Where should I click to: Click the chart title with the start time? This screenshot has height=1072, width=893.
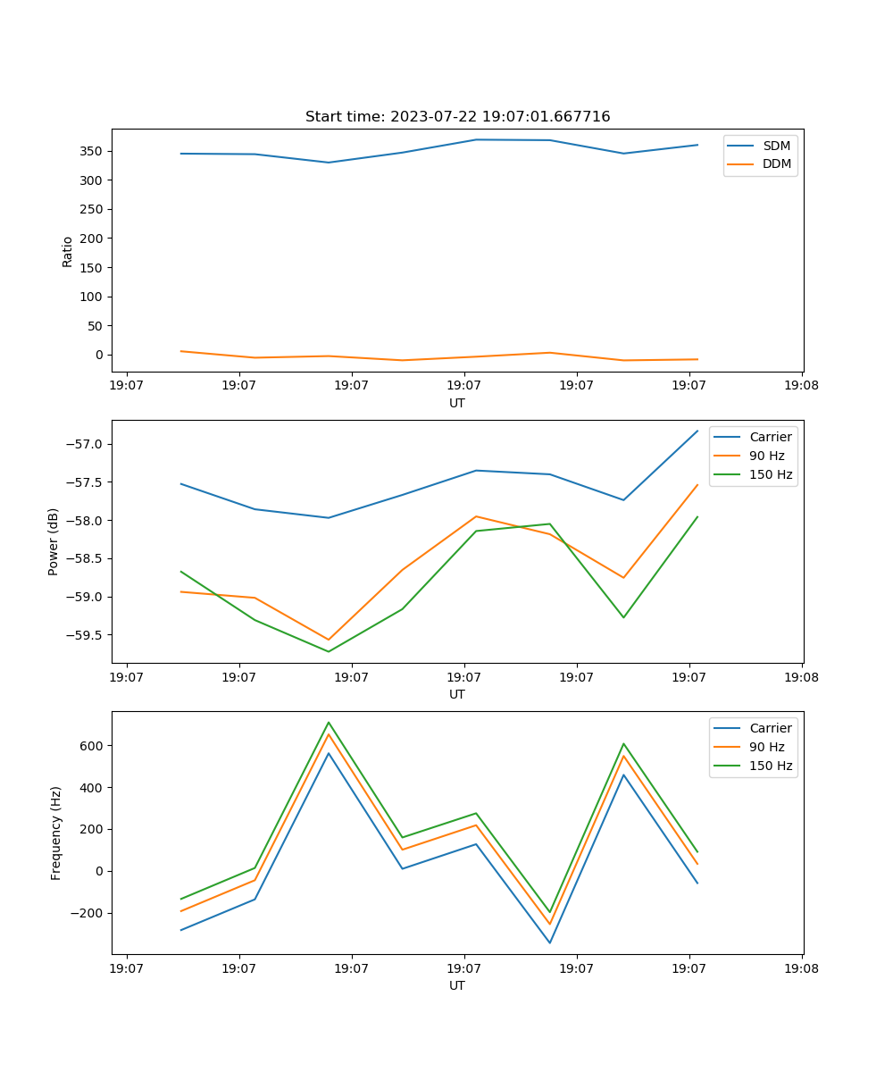click(x=457, y=117)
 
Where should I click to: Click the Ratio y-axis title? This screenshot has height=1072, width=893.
click(x=68, y=251)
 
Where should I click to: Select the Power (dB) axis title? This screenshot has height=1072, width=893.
click(x=54, y=541)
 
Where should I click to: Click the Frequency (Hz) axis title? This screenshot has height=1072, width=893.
click(x=56, y=833)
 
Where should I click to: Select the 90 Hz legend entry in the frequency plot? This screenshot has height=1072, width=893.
click(x=766, y=747)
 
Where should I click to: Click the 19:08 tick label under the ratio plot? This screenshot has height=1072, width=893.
click(x=801, y=387)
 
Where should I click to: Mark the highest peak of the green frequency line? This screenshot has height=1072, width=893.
click(x=329, y=723)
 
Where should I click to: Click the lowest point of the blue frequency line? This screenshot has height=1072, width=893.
click(x=549, y=942)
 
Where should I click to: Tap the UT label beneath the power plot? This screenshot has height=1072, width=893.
click(x=457, y=694)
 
